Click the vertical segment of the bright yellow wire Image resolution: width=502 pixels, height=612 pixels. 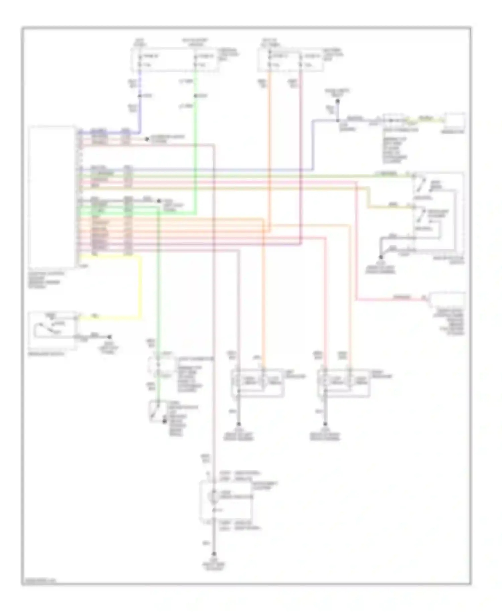click(x=140, y=286)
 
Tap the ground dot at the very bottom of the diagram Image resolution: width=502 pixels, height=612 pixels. click(x=214, y=554)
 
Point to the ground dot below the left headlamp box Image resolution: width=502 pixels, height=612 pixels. click(x=239, y=424)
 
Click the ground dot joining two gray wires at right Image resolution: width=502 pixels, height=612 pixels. click(x=381, y=257)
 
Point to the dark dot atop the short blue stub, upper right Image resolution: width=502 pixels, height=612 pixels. click(x=338, y=101)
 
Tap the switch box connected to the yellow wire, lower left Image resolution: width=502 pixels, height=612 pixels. click(x=53, y=330)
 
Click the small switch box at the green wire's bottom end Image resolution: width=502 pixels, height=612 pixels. click(x=156, y=411)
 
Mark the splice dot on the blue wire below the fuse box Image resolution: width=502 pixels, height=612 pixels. click(x=140, y=96)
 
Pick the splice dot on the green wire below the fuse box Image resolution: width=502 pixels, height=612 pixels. click(x=195, y=96)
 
